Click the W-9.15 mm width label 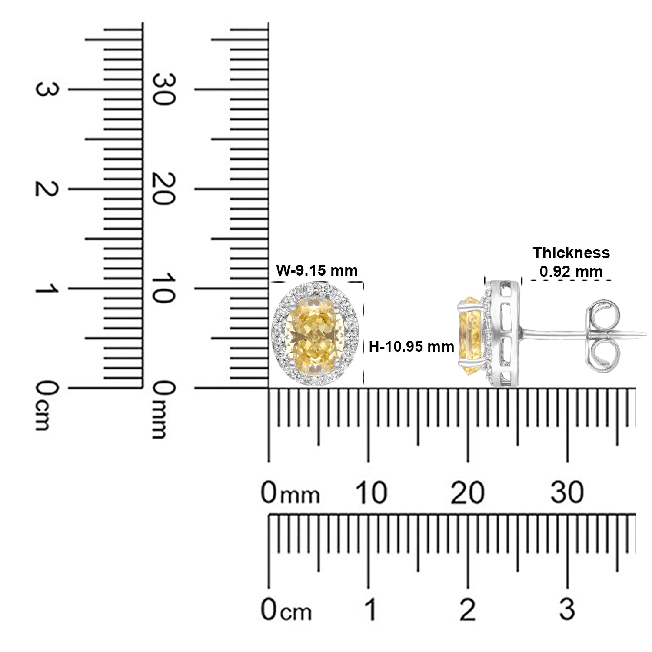pyautogui.click(x=317, y=270)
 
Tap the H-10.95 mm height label pyautogui.click(x=412, y=346)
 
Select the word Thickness pyautogui.click(x=571, y=253)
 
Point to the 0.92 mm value pyautogui.click(x=571, y=272)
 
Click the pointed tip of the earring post pyautogui.click(x=646, y=334)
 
